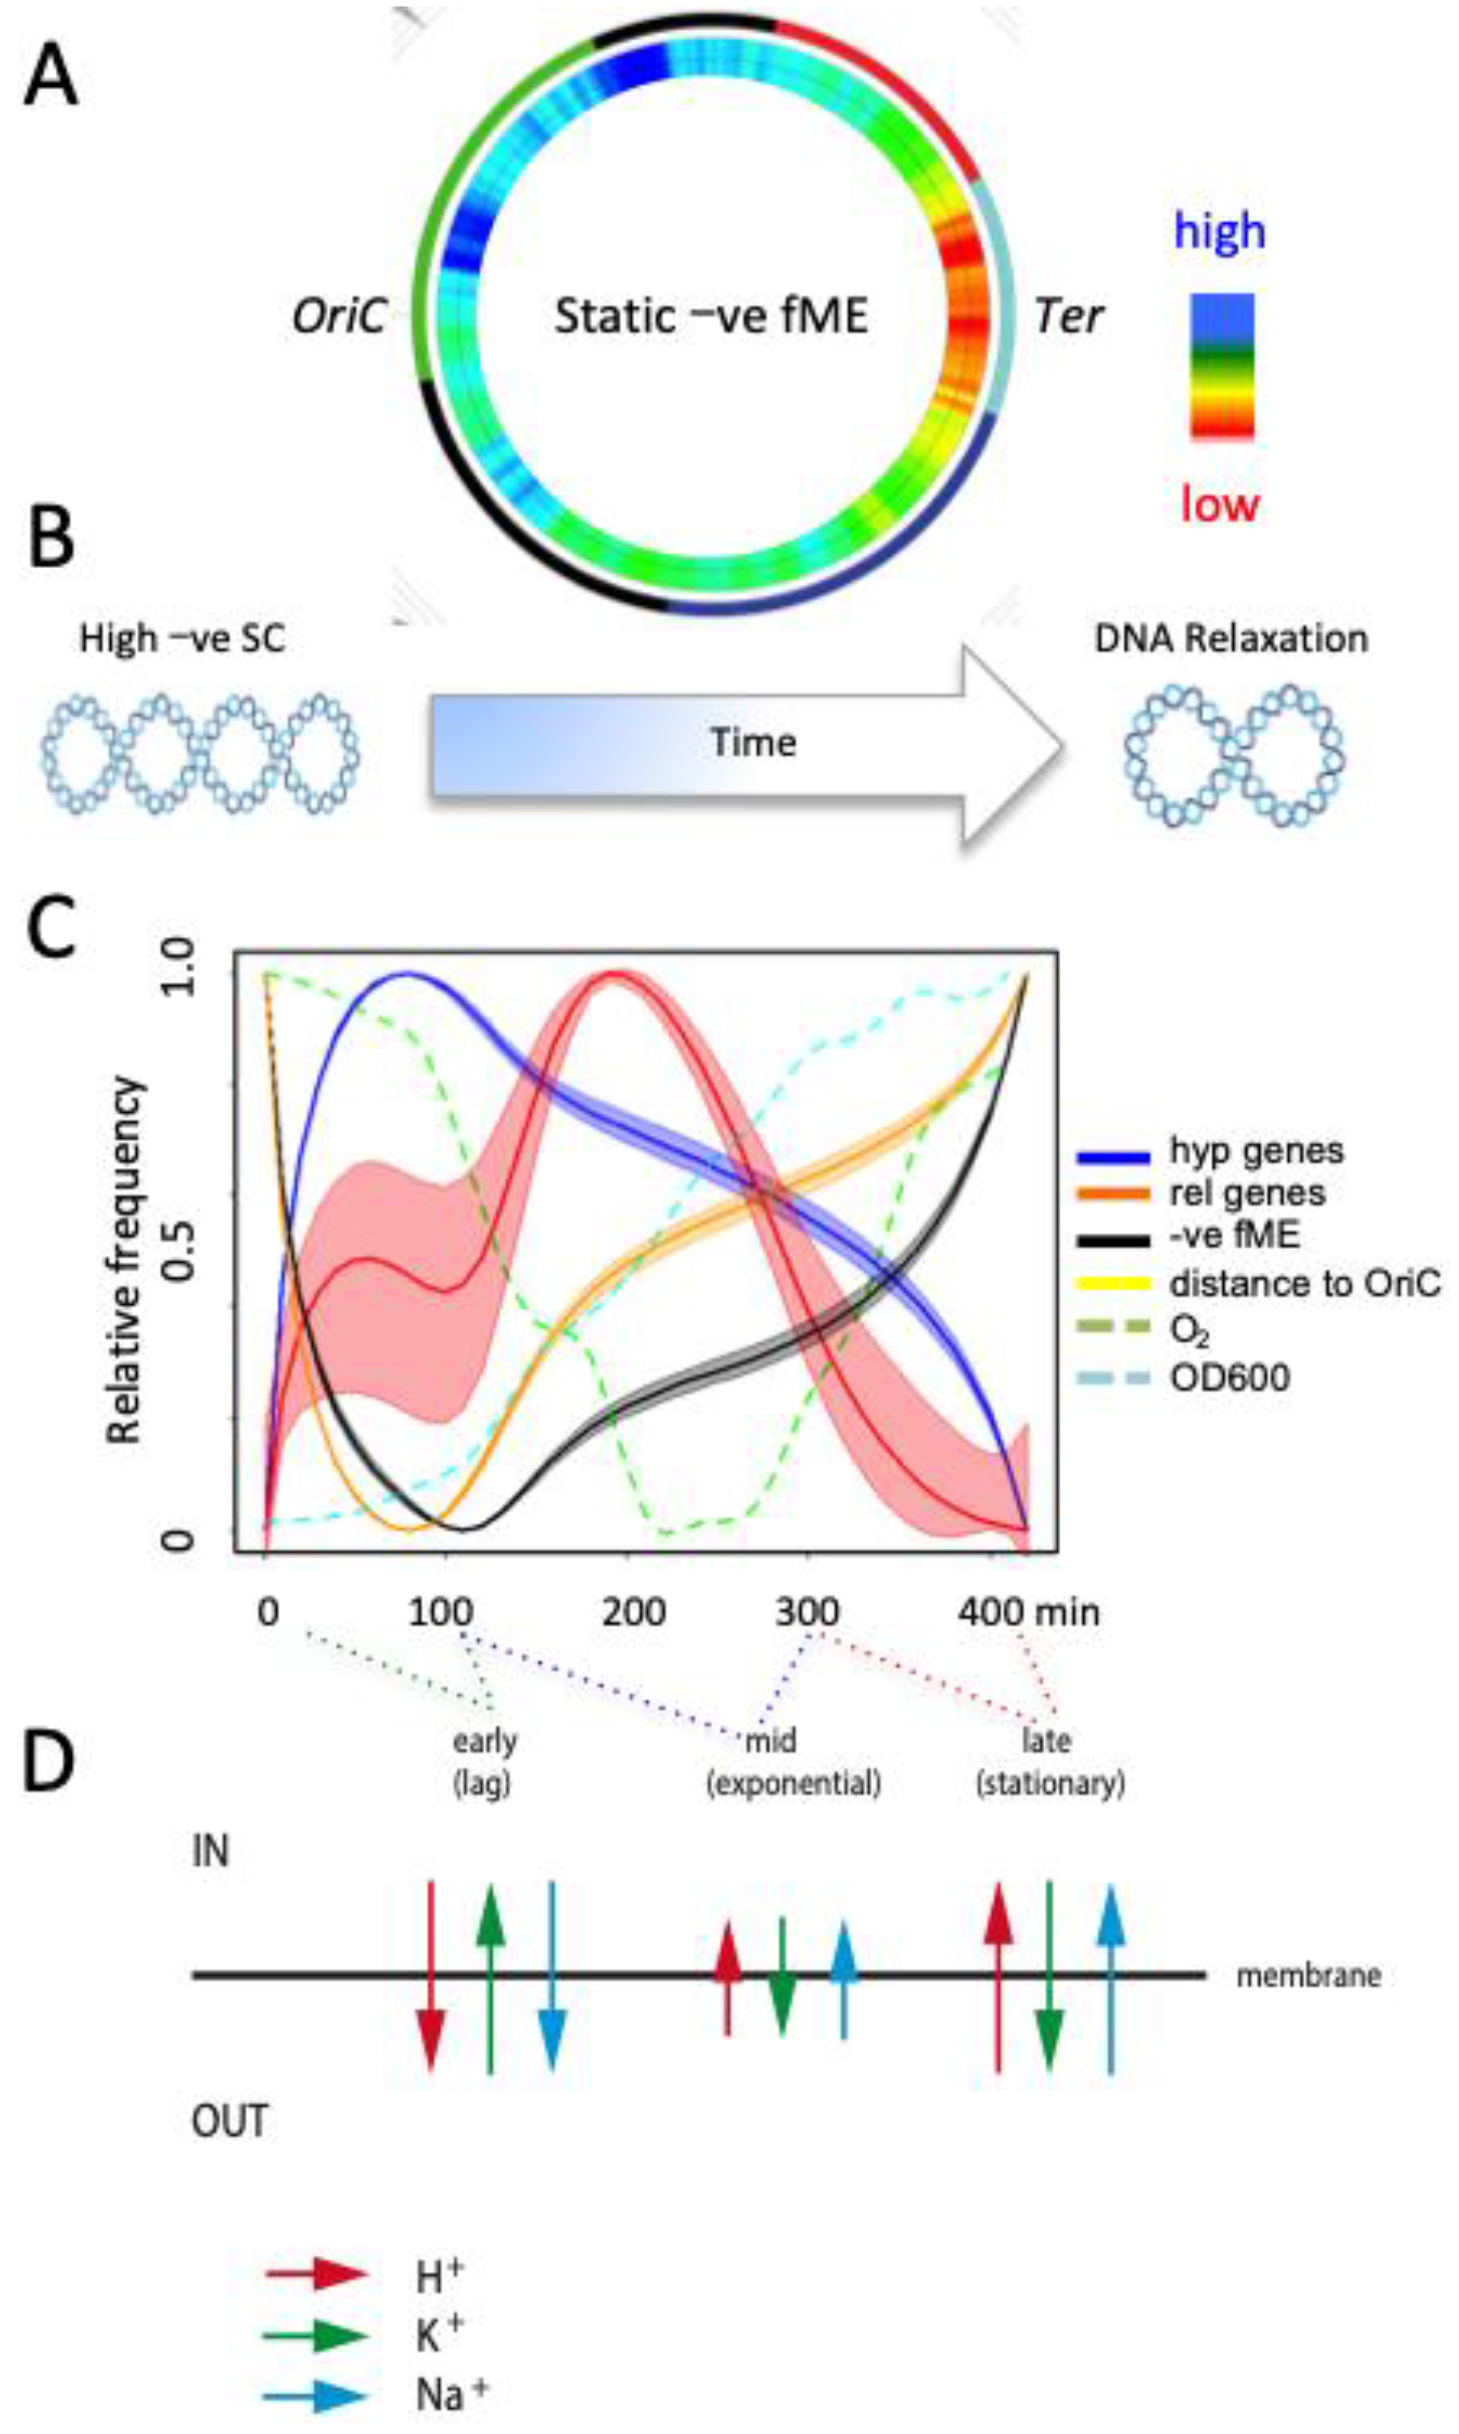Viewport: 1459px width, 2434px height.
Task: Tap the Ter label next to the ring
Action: [1068, 317]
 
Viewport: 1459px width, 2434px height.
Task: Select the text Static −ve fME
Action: [710, 317]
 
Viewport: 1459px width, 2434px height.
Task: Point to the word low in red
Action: [1219, 503]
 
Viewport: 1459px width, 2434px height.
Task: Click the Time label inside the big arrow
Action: [753, 742]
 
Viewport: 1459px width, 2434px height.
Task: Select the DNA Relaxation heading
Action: [1231, 640]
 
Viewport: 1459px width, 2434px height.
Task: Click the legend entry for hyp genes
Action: [1256, 1151]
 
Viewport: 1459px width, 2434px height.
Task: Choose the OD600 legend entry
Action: [1229, 1378]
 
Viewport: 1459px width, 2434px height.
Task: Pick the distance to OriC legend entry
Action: [1303, 1283]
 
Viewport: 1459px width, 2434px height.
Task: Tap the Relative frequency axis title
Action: [126, 1260]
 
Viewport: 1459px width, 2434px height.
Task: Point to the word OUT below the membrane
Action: [229, 2122]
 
